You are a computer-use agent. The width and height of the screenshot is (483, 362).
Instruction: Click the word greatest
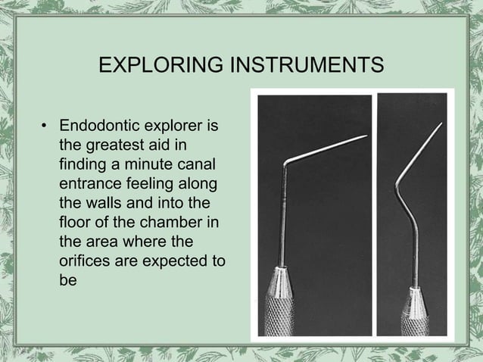tap(109, 144)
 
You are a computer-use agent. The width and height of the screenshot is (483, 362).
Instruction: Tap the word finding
tap(80, 164)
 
